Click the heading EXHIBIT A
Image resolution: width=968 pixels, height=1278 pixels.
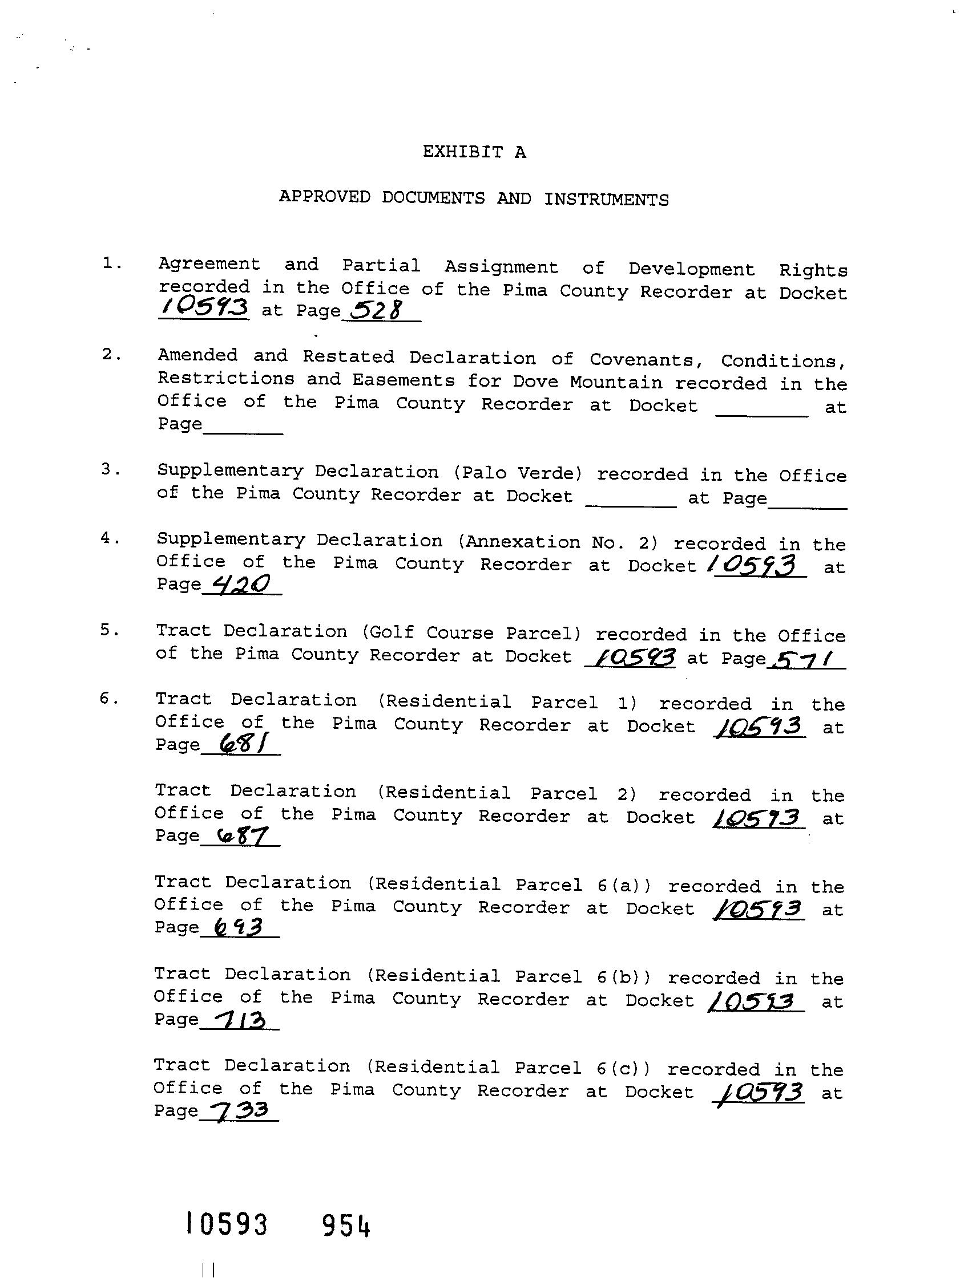[x=474, y=152]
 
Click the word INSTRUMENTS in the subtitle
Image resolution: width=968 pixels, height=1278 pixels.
[x=606, y=200]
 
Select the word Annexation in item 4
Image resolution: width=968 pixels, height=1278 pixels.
[x=522, y=542]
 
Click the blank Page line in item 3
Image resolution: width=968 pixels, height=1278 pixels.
[x=807, y=502]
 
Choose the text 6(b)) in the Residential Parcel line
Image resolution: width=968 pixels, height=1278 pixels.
[x=624, y=976]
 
